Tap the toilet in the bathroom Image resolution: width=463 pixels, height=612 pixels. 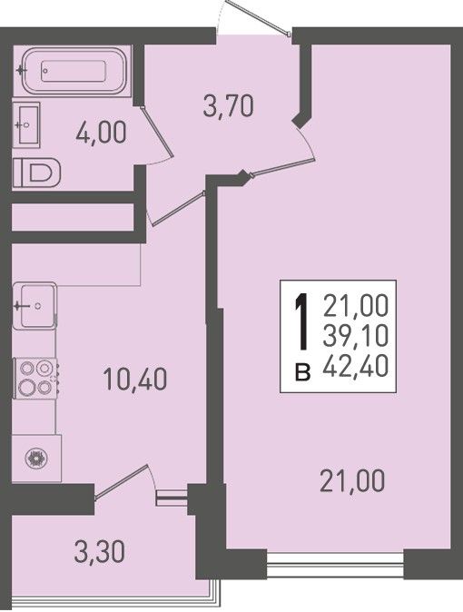tap(36, 172)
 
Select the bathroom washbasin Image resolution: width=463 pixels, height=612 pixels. tap(26, 124)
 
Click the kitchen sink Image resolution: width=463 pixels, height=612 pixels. tap(34, 306)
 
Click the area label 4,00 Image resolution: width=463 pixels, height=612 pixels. tap(102, 133)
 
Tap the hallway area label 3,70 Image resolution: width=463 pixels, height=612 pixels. tap(229, 105)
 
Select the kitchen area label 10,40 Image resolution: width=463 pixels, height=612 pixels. tap(135, 379)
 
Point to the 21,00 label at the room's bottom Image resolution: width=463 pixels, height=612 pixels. tap(352, 481)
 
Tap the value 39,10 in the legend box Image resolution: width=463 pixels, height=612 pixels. tap(356, 336)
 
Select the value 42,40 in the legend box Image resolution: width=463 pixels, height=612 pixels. tap(356, 367)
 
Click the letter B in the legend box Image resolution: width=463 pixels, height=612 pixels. tap(302, 371)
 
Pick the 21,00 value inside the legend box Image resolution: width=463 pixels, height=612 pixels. tap(356, 306)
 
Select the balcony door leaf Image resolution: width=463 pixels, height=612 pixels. tap(121, 481)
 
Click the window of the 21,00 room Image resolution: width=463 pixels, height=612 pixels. tap(335, 565)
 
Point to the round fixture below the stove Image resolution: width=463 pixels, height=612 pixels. tap(36, 458)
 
